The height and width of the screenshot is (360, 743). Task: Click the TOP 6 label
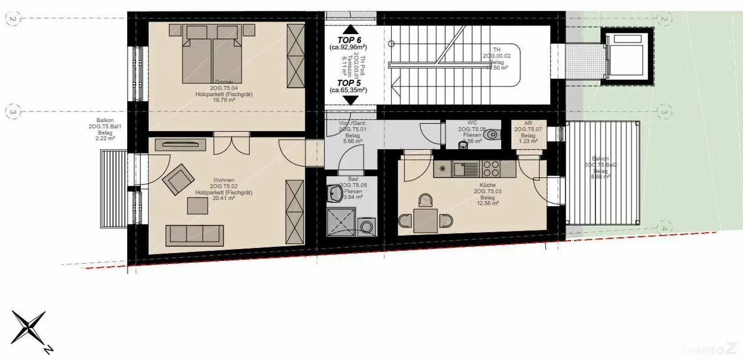[349, 40]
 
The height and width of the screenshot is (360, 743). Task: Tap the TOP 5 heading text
[349, 83]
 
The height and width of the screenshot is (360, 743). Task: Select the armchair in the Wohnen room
[177, 178]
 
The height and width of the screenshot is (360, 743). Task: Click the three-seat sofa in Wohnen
[194, 235]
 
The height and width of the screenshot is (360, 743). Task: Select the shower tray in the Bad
[342, 221]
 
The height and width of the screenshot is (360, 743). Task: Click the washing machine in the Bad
[366, 226]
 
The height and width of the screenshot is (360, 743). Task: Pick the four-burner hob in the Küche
[491, 169]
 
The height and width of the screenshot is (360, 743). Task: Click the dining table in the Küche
[425, 220]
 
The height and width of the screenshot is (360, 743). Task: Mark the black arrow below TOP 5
[350, 100]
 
